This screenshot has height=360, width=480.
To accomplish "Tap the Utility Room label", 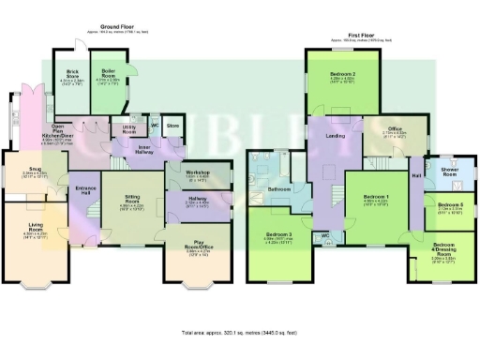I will tap(124, 130).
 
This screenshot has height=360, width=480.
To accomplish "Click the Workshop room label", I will tap(183, 172).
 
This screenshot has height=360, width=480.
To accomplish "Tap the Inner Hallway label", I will tap(152, 149).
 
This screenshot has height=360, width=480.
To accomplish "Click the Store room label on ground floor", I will tap(172, 124).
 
